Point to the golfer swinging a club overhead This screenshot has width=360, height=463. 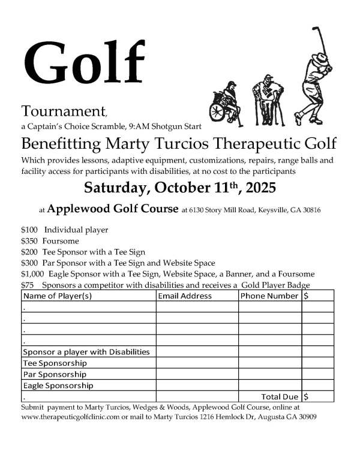click(x=312, y=72)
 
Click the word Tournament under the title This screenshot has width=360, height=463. click(x=64, y=111)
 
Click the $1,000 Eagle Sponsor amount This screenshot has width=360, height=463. click(x=32, y=273)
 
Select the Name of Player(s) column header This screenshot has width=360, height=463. click(x=57, y=296)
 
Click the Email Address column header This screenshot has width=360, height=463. click(x=185, y=296)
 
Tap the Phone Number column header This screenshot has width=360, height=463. click(x=269, y=296)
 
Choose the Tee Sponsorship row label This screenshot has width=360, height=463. click(x=55, y=363)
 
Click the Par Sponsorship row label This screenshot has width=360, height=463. click(x=54, y=374)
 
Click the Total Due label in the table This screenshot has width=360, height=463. click(x=280, y=396)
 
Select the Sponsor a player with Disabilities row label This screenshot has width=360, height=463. click(x=86, y=352)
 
